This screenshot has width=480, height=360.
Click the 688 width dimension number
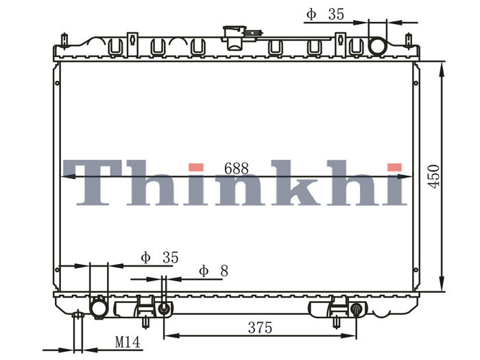pyautogui.click(x=237, y=169)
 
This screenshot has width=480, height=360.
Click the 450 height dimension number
pyautogui.click(x=434, y=177)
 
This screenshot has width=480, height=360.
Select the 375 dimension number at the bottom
pyautogui.click(x=260, y=328)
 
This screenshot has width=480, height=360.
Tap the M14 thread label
pyautogui.click(x=128, y=342)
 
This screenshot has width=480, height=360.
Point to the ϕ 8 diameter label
pyautogui.click(x=213, y=271)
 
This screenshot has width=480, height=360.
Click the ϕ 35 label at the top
pyautogui.click(x=325, y=14)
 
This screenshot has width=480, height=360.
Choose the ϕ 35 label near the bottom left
pyautogui.click(x=160, y=257)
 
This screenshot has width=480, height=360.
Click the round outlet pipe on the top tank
pyautogui.click(x=377, y=46)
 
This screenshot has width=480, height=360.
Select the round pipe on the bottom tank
pyautogui.click(x=99, y=307)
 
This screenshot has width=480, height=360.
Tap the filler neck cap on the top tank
pyautogui.click(x=235, y=38)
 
